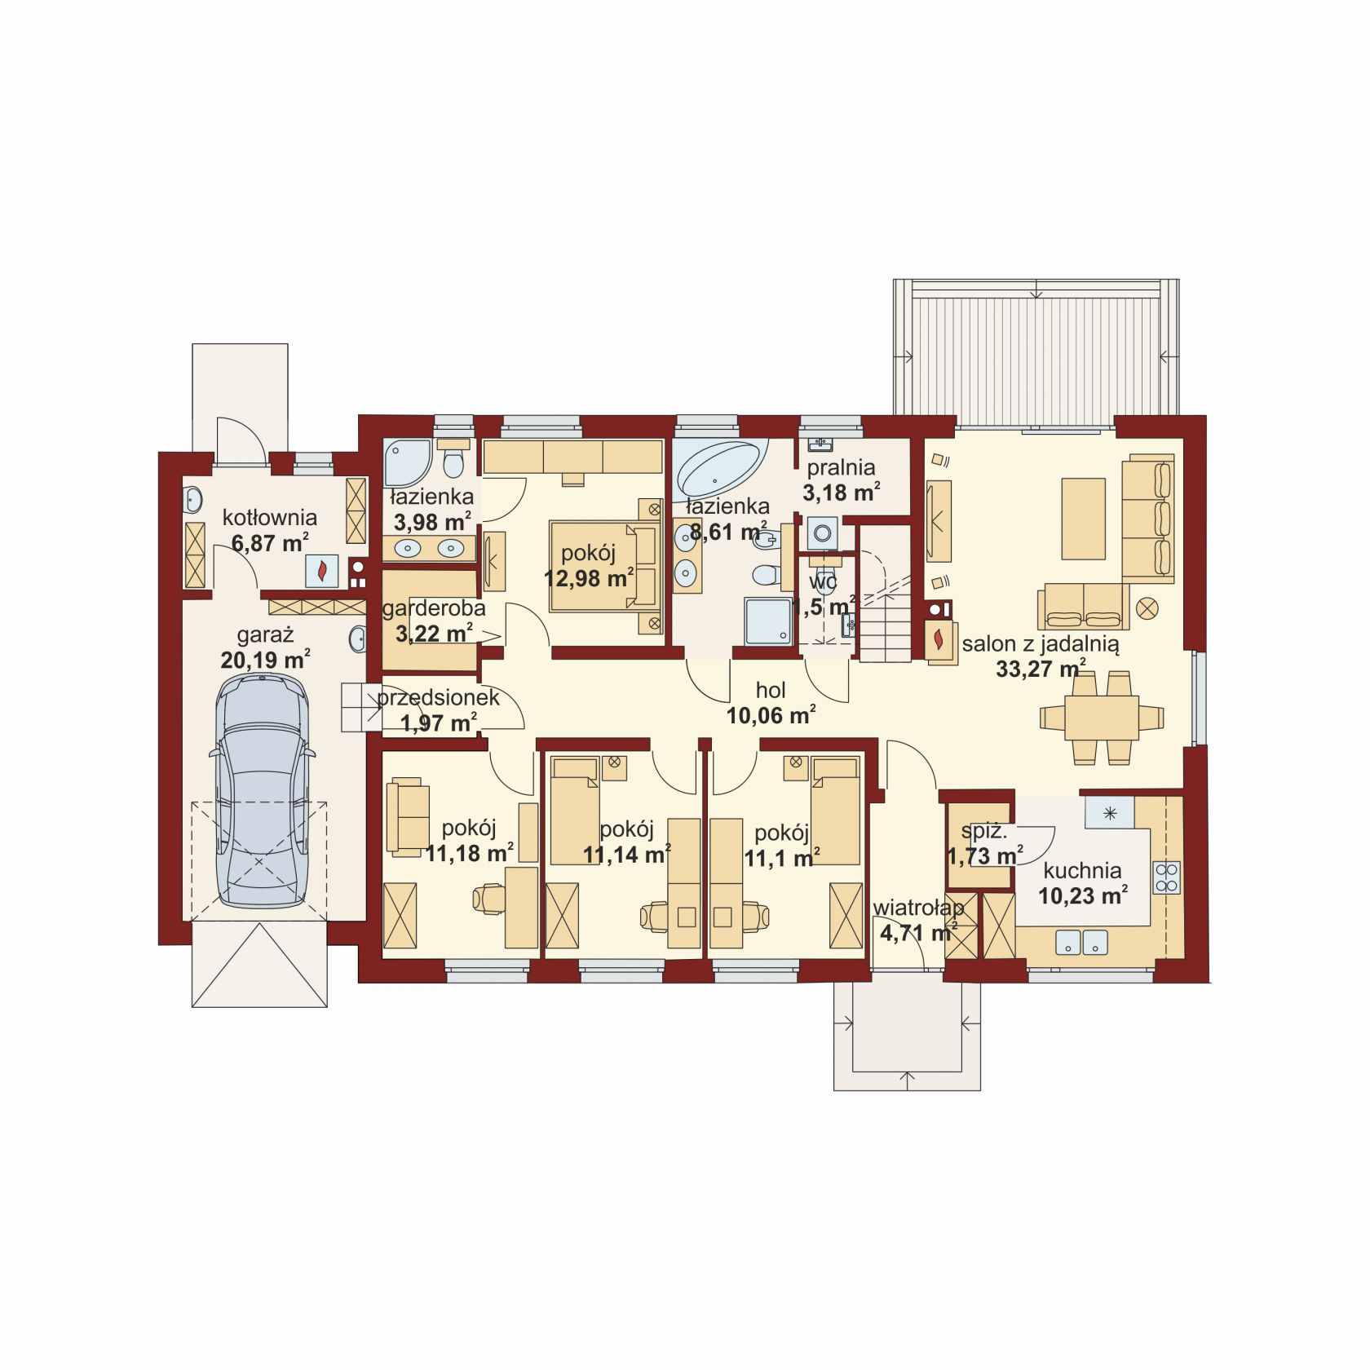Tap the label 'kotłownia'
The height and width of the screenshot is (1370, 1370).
pos(270,517)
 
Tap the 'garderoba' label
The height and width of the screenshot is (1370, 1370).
pos(434,608)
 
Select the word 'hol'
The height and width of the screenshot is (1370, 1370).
pos(771,691)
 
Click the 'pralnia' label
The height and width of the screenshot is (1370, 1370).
pos(841,467)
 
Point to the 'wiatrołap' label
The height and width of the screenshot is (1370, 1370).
pos(918,908)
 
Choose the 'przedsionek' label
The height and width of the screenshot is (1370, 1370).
pos(438,698)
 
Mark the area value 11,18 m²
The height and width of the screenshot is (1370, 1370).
pos(469,853)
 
